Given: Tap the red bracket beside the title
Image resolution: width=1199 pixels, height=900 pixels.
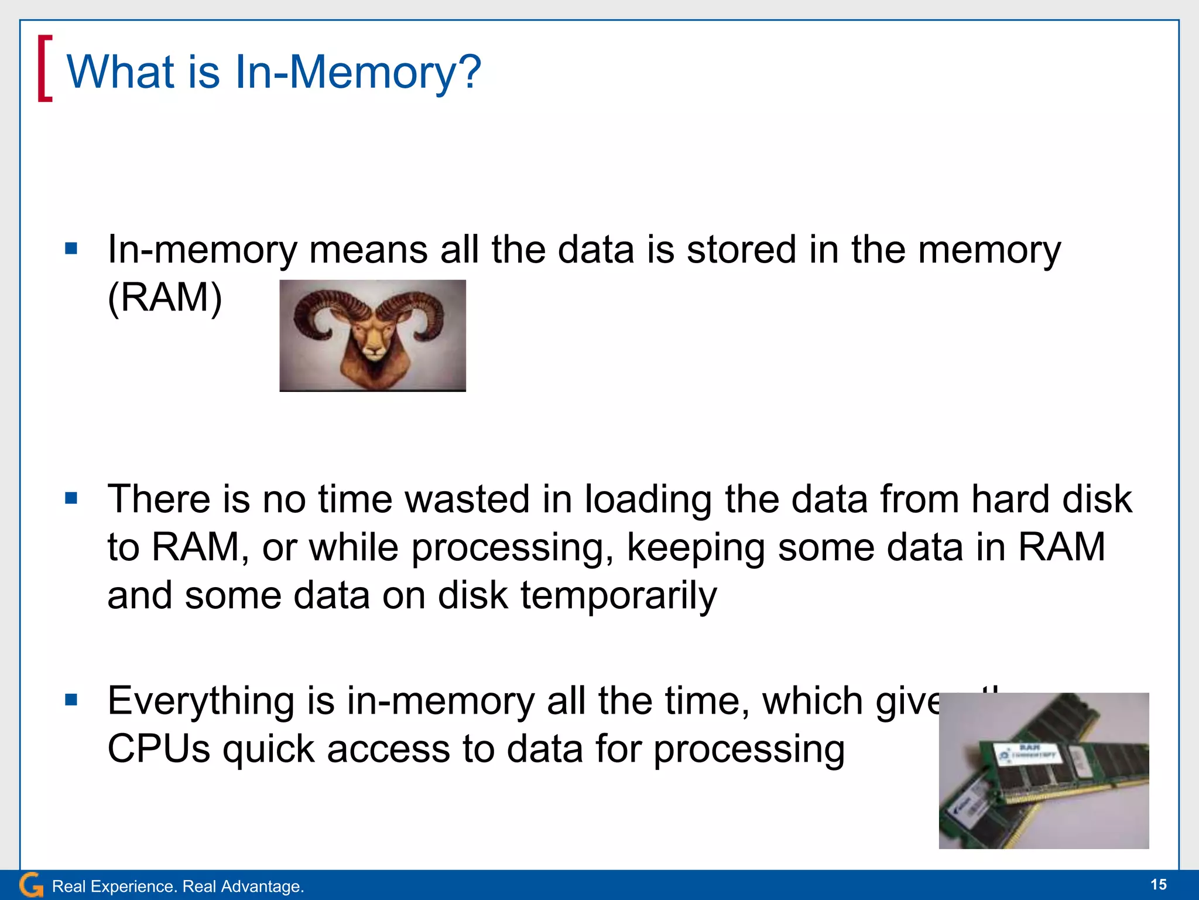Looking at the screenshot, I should click(x=44, y=68).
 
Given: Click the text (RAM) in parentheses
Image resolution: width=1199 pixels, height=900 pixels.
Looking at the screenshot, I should click(x=165, y=298).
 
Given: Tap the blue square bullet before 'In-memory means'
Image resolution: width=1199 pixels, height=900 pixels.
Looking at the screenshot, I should click(x=71, y=249).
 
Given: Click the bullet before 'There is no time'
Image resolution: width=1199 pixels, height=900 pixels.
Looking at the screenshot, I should click(x=71, y=499).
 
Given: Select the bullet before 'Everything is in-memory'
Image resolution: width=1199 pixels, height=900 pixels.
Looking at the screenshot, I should click(x=71, y=700).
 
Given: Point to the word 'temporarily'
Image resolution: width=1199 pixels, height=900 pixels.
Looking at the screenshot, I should click(x=618, y=595).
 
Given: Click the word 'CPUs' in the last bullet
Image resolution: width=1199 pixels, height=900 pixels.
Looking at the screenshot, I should click(x=159, y=749).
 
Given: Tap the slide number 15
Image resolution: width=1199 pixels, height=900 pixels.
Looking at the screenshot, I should click(x=1158, y=885).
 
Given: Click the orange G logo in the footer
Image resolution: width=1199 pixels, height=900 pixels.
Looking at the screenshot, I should click(x=30, y=885).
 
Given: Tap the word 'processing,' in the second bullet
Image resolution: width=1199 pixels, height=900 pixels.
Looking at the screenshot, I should click(x=512, y=548).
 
